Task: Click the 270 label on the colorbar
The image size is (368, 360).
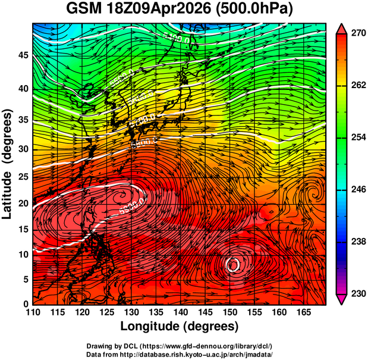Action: [357, 33]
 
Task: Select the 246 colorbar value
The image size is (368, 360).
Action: [357, 190]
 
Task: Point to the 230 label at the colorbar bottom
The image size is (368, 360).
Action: [357, 294]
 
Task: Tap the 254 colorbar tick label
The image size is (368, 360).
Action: [357, 138]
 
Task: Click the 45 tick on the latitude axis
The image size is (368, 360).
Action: [22, 55]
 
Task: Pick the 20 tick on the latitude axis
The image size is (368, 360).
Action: [22, 204]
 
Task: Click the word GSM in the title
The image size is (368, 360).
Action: [84, 10]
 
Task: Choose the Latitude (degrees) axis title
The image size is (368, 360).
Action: [8, 164]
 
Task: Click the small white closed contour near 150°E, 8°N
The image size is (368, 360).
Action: [234, 264]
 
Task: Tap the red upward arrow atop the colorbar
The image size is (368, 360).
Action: [342, 27]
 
